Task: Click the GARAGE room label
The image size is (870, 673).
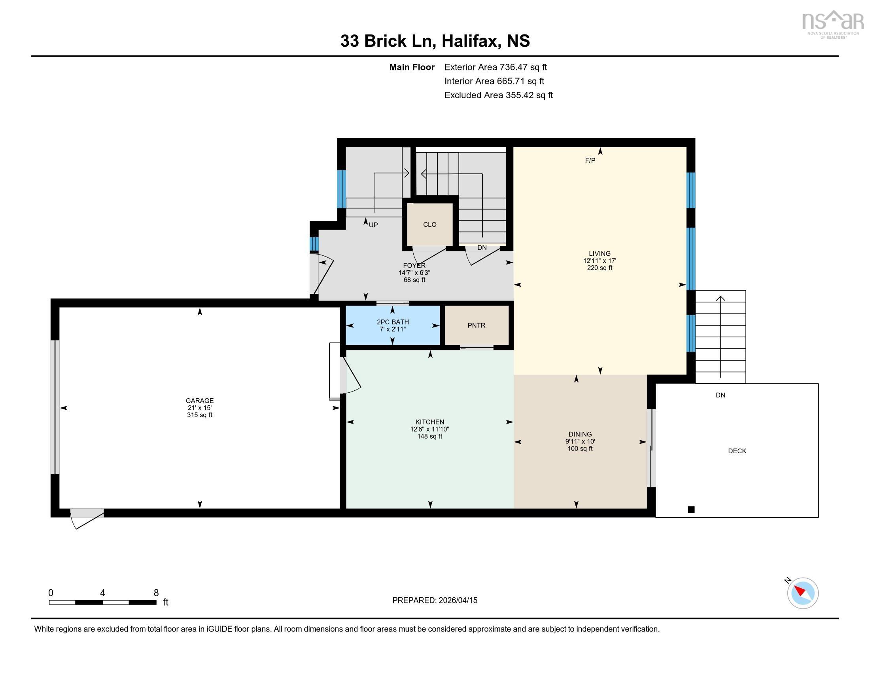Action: tap(200, 401)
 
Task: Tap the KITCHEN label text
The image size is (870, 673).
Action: tap(429, 422)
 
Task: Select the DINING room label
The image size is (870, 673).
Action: tap(580, 434)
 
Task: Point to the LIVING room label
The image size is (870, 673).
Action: tap(600, 254)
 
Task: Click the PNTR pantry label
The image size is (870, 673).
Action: tap(477, 325)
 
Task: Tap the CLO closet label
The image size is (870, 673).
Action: tap(429, 224)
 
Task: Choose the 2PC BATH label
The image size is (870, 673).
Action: tap(393, 322)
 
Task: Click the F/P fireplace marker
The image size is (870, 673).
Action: tap(590, 160)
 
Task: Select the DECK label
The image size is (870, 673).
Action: tap(737, 451)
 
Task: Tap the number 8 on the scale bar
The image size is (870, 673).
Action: tap(156, 593)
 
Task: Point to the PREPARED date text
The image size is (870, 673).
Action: tap(435, 601)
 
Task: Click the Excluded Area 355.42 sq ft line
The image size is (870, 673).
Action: tap(498, 95)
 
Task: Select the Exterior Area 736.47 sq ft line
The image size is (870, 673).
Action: tap(496, 67)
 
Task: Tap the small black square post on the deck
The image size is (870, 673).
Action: tap(691, 510)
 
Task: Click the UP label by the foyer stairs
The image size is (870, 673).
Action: tap(373, 225)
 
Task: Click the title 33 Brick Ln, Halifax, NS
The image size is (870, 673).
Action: tap(435, 41)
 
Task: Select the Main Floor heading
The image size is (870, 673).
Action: tap(412, 67)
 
